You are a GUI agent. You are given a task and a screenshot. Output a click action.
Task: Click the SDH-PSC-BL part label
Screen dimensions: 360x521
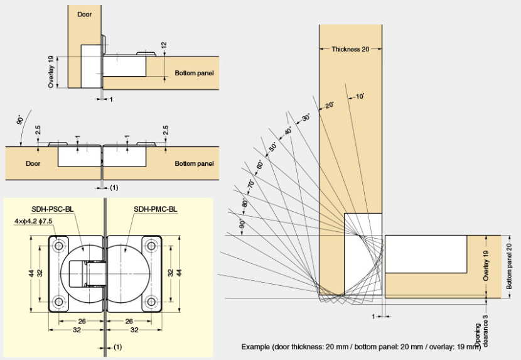tap(53, 209)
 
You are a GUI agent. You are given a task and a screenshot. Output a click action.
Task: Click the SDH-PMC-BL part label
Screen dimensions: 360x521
tap(155, 209)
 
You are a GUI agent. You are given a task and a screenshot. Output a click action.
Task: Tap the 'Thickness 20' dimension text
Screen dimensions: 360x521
tap(350, 49)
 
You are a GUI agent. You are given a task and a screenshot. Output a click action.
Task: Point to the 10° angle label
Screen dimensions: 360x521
tap(360, 96)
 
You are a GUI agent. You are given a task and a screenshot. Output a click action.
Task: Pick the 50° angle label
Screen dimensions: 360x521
tap(273, 147)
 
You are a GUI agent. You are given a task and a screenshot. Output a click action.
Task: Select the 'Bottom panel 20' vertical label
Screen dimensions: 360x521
tap(509, 263)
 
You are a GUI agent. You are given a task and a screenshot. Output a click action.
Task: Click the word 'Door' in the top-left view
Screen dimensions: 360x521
tap(85, 13)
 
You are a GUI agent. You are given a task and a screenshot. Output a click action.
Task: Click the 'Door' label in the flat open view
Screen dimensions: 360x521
tap(33, 163)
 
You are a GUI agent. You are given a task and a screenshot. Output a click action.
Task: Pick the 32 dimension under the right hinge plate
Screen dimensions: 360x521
tap(133, 329)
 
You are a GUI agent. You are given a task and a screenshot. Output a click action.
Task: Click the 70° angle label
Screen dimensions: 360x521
tap(251, 185)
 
